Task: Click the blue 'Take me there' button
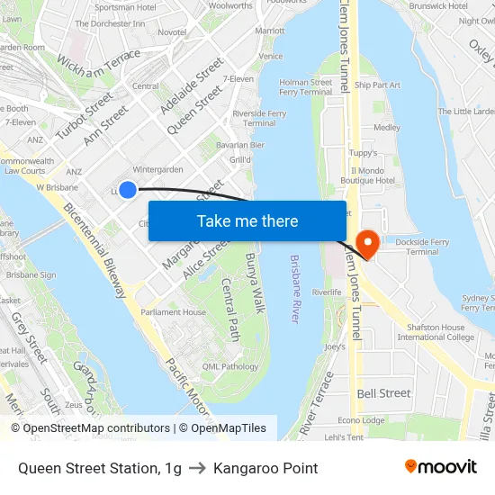(x=247, y=221)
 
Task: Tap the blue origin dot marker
(x=128, y=189)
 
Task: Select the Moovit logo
(x=441, y=466)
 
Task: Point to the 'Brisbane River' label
(x=294, y=289)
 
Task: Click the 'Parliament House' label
(x=173, y=312)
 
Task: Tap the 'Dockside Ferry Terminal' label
(x=409, y=247)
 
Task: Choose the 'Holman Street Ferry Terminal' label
(x=306, y=86)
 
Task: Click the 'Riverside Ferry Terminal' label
(x=259, y=118)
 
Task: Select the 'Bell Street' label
(x=383, y=393)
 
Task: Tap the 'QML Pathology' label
(x=230, y=366)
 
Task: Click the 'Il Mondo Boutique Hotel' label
(x=373, y=175)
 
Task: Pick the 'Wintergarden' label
(x=157, y=169)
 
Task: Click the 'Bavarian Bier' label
(x=240, y=144)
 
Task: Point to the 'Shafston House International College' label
(x=436, y=332)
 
